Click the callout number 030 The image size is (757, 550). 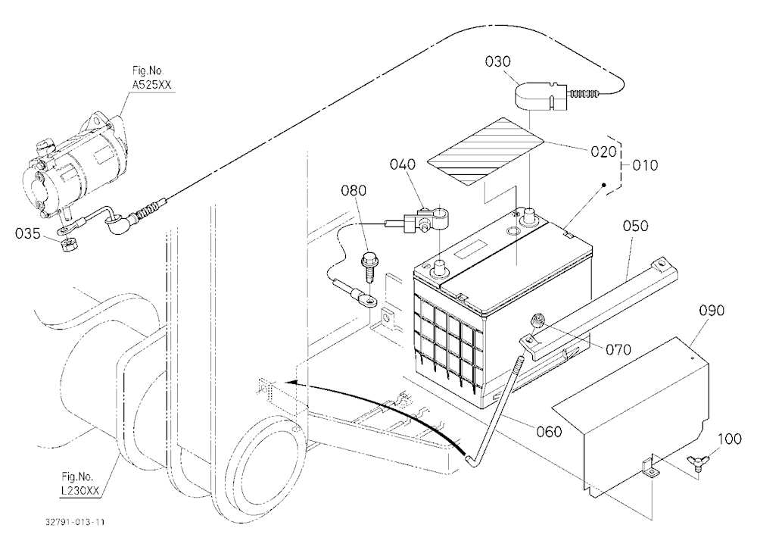pos(498,62)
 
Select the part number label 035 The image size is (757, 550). pos(28,234)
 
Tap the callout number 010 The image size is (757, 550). pos(645,166)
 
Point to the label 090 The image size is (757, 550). pos(712,311)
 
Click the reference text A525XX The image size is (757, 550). pos(151,86)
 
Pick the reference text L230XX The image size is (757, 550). pos(80,491)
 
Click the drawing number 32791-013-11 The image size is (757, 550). pos(75,522)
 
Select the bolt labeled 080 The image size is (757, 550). pos(369,267)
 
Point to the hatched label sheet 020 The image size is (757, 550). pos(486,152)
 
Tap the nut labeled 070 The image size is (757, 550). pos(537,321)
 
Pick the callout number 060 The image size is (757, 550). pos(549,431)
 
